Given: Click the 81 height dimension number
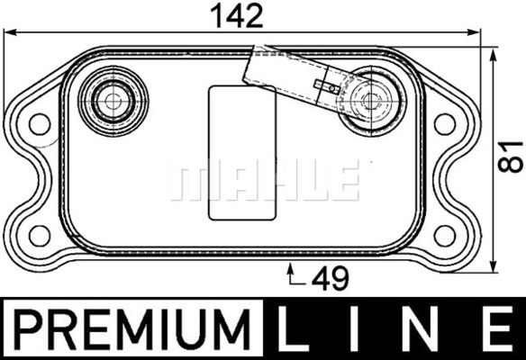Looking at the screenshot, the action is click(x=510, y=157).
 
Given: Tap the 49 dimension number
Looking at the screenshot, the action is click(x=331, y=279).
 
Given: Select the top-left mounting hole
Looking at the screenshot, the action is click(x=40, y=124).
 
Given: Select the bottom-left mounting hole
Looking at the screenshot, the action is click(x=40, y=236).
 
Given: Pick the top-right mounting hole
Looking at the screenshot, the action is click(x=445, y=124).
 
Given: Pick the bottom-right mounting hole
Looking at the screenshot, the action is click(x=445, y=236).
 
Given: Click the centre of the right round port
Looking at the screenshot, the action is click(x=371, y=101).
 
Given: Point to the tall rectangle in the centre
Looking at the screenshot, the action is click(x=242, y=153).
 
